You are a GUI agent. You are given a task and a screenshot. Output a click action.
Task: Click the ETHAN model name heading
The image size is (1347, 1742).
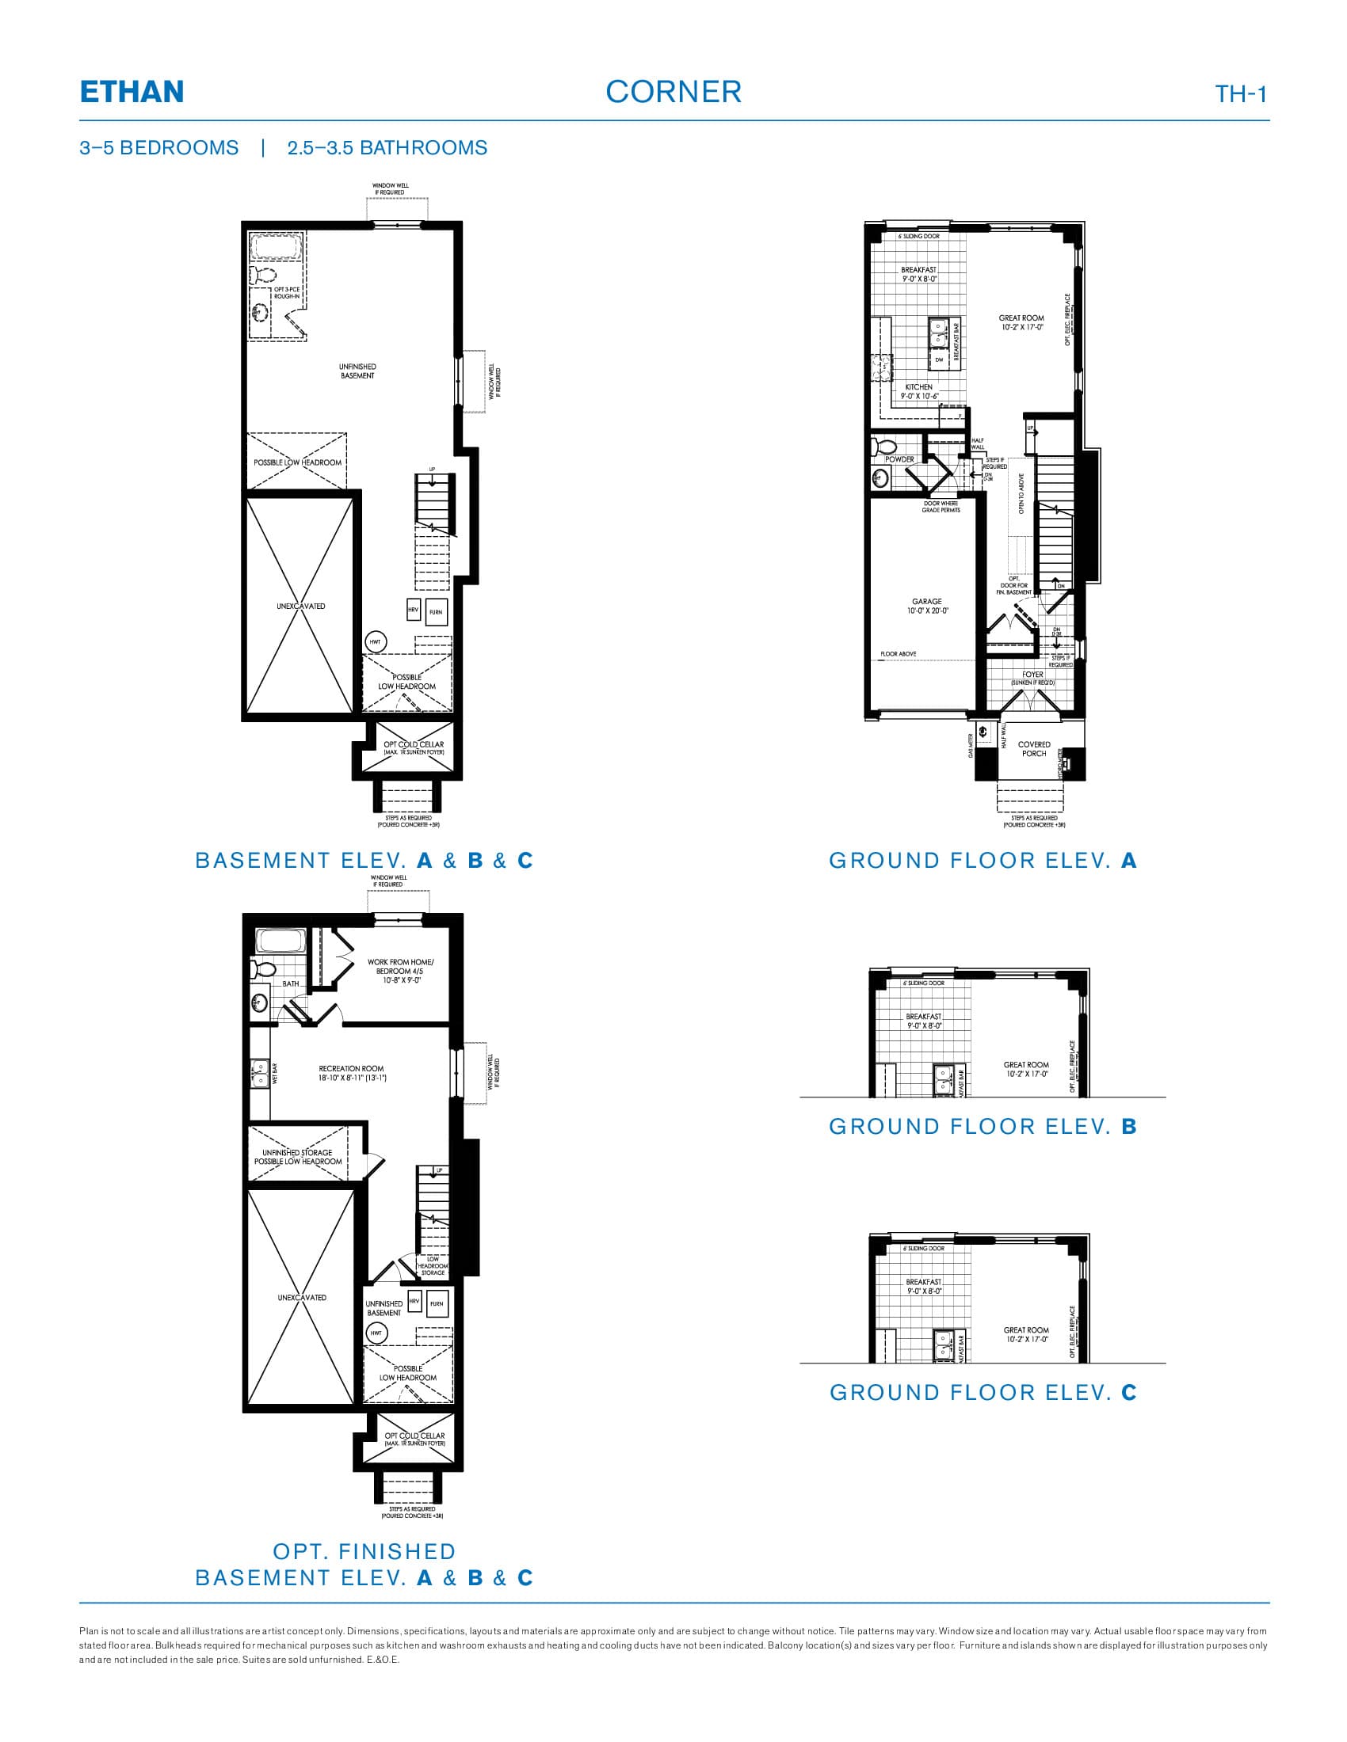(132, 93)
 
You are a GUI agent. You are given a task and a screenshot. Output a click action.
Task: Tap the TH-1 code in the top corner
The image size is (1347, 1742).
(1240, 94)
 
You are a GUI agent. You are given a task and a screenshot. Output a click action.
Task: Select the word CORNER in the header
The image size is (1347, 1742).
(673, 93)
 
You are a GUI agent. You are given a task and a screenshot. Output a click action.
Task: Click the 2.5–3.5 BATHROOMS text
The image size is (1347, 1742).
(387, 148)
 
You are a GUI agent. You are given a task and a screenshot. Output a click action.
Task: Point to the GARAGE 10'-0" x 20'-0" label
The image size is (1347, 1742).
(926, 607)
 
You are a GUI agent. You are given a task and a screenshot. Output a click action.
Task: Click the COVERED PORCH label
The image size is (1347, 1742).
(1033, 749)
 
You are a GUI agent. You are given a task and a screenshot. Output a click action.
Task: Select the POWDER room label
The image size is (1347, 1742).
(899, 459)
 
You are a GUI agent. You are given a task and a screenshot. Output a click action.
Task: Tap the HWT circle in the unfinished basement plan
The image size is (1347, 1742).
(375, 641)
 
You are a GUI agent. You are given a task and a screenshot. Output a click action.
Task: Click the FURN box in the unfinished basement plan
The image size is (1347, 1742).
(436, 612)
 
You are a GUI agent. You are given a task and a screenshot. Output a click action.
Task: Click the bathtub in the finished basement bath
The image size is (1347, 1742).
(279, 941)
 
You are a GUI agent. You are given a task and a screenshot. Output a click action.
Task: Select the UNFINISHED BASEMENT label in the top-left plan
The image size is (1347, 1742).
(357, 371)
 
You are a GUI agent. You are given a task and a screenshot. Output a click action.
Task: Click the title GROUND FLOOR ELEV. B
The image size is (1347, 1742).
(983, 1126)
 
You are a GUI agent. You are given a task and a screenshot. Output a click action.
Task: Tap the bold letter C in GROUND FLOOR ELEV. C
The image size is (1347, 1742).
(1128, 1392)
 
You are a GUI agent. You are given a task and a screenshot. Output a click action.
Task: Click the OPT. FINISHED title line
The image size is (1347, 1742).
(364, 1551)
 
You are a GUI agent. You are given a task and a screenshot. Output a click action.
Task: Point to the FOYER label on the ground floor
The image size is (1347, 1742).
(1032, 675)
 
